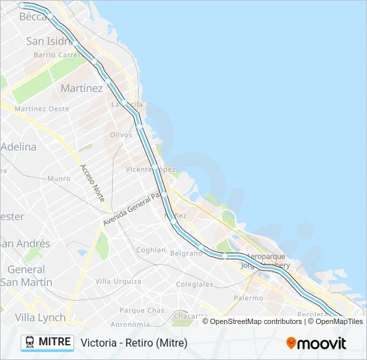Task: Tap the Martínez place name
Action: point(81,88)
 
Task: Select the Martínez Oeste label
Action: point(41,109)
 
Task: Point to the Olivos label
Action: point(121,135)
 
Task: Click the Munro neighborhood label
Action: point(59,179)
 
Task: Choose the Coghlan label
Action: point(151,250)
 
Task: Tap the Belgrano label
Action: point(186,253)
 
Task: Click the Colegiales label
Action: point(194,284)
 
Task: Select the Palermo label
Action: point(248,298)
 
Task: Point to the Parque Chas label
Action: point(141,310)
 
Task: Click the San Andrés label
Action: point(25,243)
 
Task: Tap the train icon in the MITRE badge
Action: point(30,342)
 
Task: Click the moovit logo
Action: point(316,343)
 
